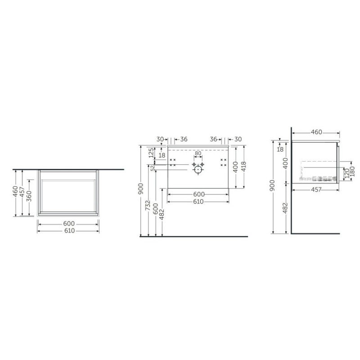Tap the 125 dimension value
tap(151, 153)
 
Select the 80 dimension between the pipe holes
tap(198, 153)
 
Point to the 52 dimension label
tap(152, 168)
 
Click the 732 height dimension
tap(148, 206)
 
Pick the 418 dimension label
tap(243, 166)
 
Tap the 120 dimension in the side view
tap(347, 173)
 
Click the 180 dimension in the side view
tap(353, 172)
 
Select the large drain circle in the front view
tap(198, 170)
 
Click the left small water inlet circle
tap(194, 164)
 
